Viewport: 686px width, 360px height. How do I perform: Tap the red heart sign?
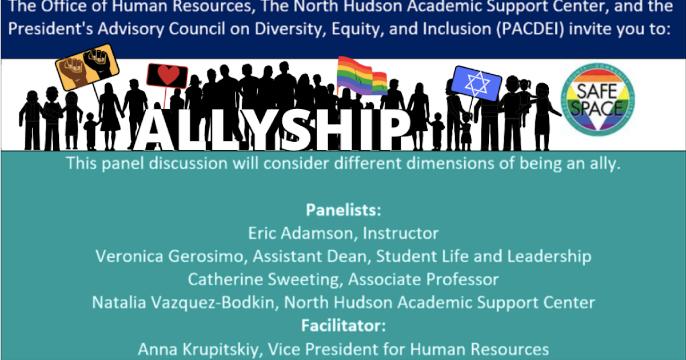click(167, 76)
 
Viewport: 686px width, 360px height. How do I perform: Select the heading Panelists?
click(343, 210)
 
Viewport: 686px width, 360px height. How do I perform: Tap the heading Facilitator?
click(343, 326)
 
